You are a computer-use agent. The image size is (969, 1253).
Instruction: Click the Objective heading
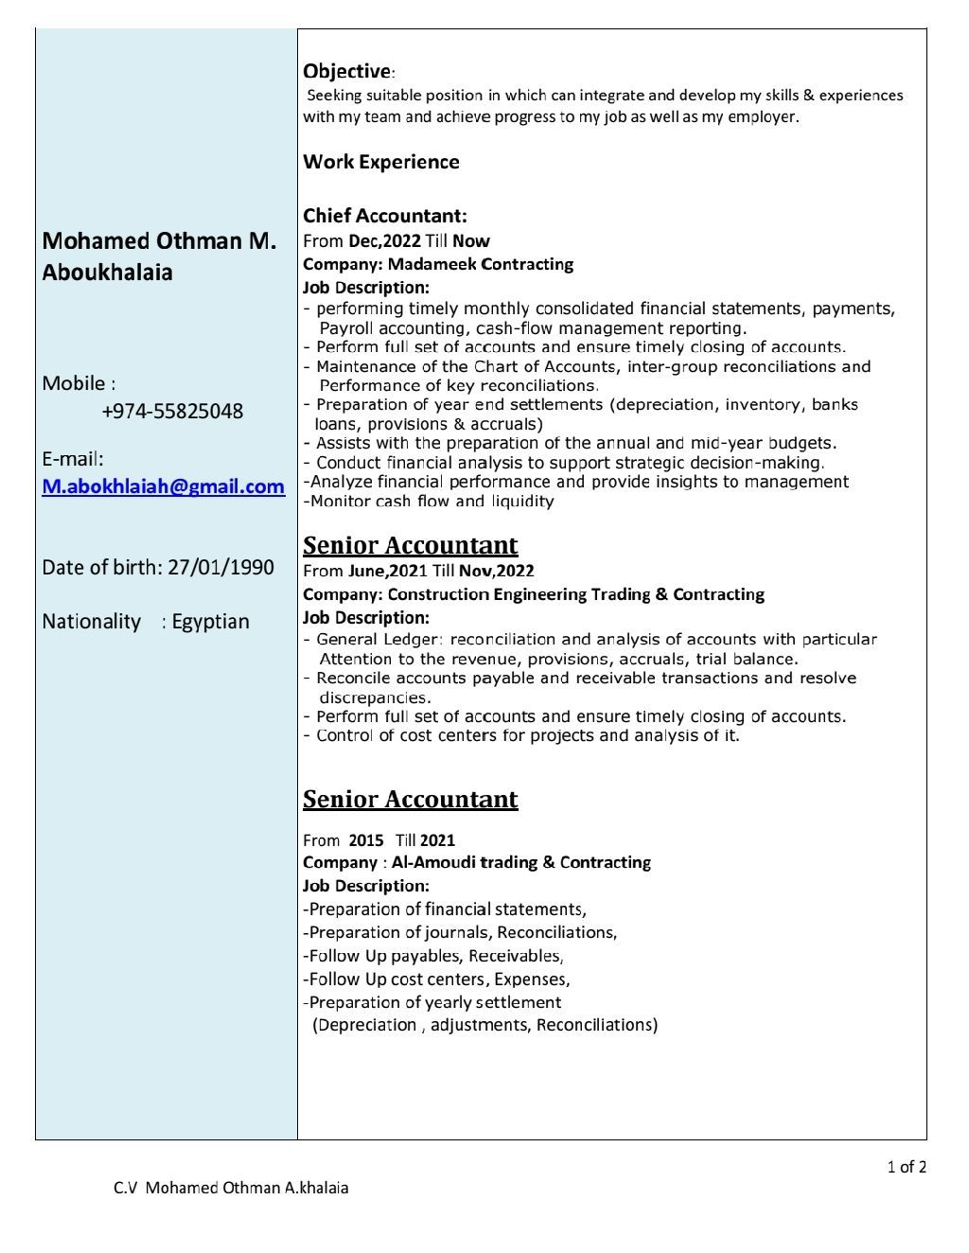(346, 71)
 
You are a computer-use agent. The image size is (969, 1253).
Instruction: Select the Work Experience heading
(380, 162)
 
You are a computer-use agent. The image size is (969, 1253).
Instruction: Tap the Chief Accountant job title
(384, 217)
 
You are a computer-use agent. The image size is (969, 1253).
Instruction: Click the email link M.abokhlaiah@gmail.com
(163, 486)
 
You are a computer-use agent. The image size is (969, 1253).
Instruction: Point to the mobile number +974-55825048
(172, 411)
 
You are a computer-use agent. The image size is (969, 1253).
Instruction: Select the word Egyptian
(211, 622)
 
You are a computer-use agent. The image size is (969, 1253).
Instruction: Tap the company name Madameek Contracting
(481, 264)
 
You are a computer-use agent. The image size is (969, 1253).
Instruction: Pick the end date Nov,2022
(497, 571)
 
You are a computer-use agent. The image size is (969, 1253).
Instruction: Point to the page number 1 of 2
(907, 1167)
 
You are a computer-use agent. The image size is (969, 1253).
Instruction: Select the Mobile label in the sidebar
(78, 383)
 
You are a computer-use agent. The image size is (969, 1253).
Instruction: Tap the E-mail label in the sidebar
(73, 460)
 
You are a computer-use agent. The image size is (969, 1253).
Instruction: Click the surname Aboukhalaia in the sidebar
(107, 273)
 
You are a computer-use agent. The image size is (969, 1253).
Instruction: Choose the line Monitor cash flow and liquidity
(431, 502)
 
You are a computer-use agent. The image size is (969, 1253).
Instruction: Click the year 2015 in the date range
(366, 839)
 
